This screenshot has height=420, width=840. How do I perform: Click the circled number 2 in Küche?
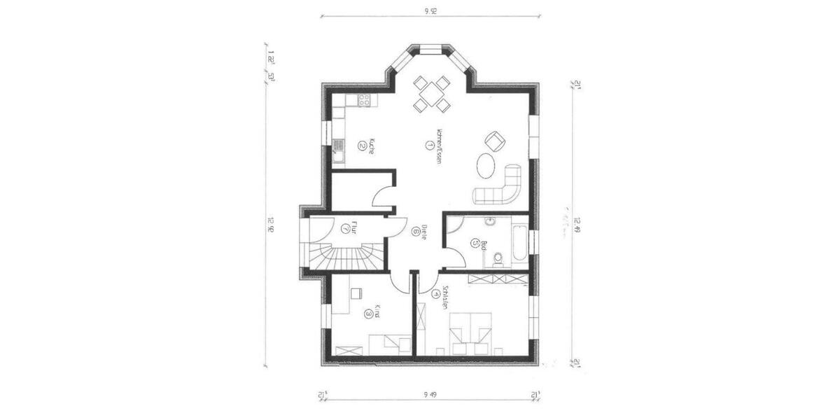[362, 146]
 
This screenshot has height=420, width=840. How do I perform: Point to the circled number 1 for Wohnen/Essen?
[428, 145]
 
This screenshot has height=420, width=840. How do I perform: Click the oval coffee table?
[486, 167]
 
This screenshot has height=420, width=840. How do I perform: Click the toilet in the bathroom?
[498, 258]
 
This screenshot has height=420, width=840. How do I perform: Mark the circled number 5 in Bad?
[476, 244]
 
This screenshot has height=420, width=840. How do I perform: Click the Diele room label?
[424, 232]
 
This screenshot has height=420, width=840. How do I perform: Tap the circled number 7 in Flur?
[345, 228]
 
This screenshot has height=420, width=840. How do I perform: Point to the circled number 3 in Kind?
[368, 314]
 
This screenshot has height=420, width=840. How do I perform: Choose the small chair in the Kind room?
[356, 295]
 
